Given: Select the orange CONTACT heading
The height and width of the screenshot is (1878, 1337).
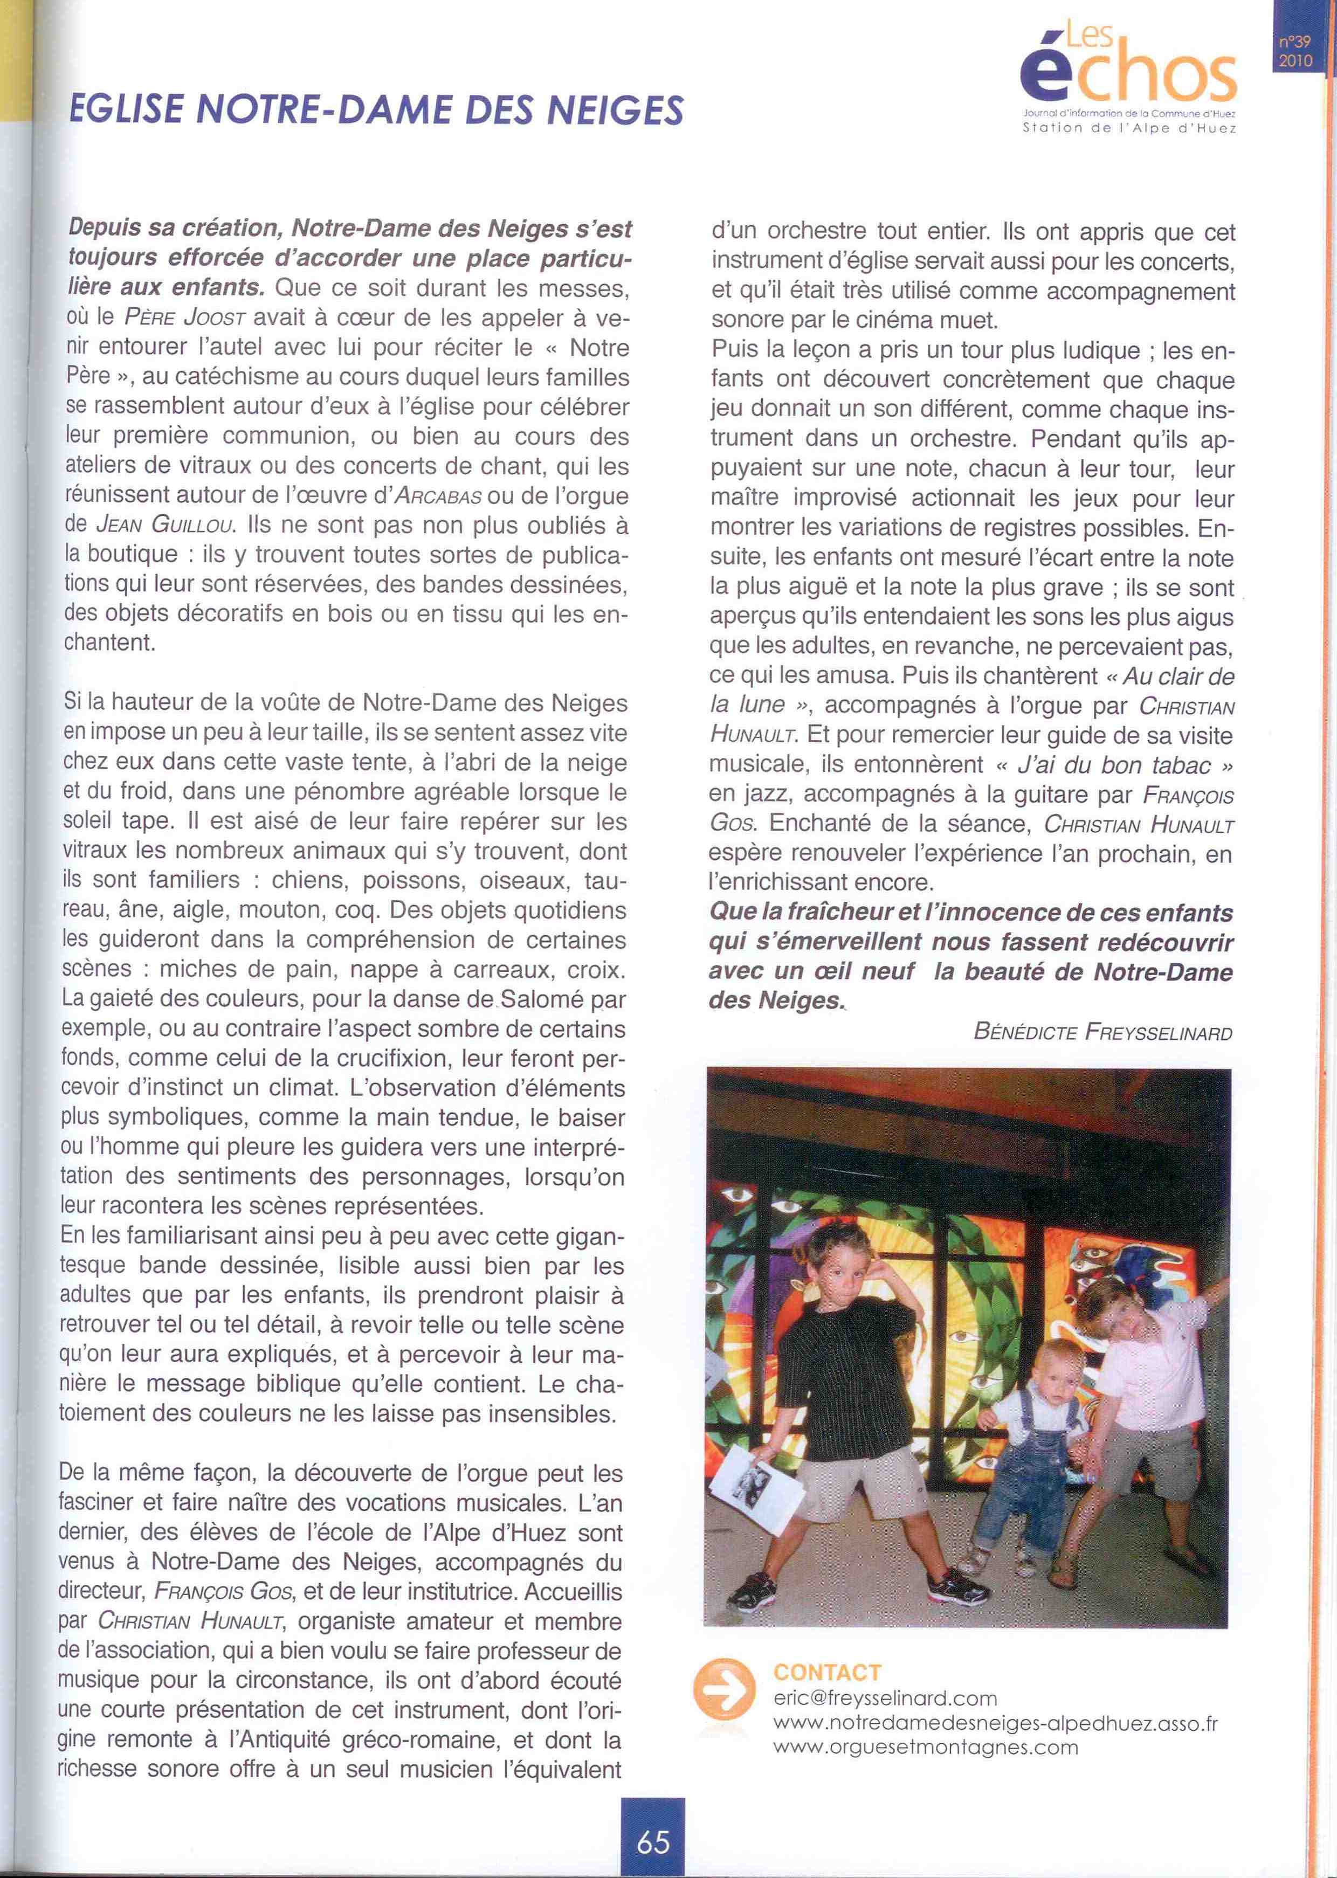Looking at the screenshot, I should [x=826, y=1672].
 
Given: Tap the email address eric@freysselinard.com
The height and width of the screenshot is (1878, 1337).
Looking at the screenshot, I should [x=885, y=1698].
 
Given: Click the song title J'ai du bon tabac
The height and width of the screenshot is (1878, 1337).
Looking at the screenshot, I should [x=1114, y=765].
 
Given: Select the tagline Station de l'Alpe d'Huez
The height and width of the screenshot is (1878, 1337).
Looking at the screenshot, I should [x=1129, y=128].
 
